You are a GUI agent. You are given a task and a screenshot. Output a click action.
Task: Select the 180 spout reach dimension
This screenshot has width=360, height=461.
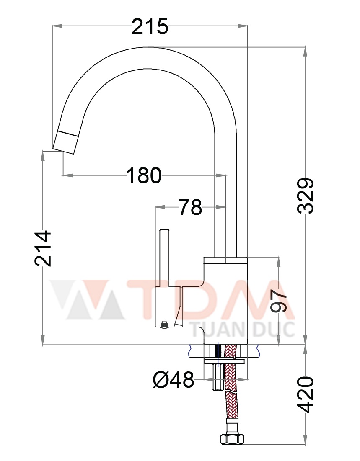tap(144, 175)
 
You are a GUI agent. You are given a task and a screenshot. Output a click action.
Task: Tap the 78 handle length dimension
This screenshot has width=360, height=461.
tap(190, 207)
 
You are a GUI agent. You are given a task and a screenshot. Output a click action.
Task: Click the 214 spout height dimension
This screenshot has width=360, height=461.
tap(43, 248)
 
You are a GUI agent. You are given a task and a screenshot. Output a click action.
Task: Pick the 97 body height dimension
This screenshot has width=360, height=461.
tap(279, 301)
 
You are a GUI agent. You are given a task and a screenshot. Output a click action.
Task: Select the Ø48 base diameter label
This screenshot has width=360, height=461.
tap(174, 380)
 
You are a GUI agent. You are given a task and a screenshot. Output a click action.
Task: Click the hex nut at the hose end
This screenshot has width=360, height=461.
tap(232, 439)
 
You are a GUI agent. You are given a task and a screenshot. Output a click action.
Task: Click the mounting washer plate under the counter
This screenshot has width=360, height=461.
tap(225, 361)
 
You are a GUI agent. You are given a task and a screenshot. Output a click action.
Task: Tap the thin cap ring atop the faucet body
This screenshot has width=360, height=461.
tap(225, 260)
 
